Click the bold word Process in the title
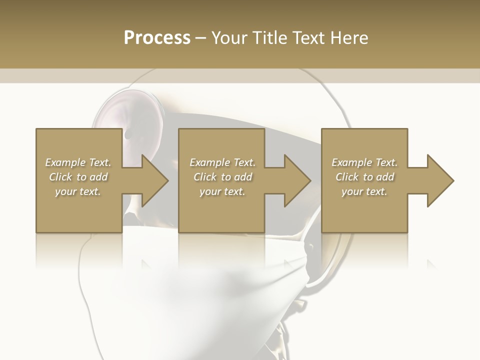pos(157,38)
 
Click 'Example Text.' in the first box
pos(78,162)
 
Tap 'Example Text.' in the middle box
pos(222,162)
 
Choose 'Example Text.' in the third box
pos(364,162)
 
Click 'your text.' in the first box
pos(78,191)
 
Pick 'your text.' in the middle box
pos(222,191)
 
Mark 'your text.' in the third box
pos(364,191)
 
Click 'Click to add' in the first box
pos(78,177)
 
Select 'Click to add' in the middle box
pos(222,177)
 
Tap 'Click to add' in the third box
pos(364,177)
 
